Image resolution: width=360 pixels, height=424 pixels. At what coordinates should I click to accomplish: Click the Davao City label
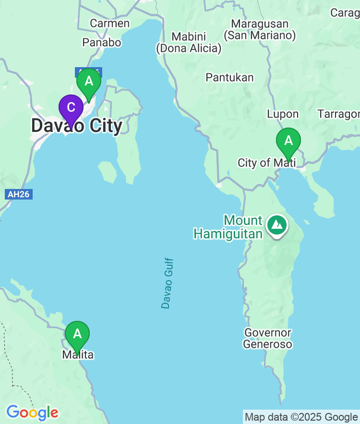click(77, 126)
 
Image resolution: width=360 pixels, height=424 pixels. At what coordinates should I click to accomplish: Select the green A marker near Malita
click(77, 333)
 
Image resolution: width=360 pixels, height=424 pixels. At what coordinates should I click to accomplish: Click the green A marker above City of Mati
click(288, 141)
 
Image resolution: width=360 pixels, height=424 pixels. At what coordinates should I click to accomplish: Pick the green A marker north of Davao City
click(89, 81)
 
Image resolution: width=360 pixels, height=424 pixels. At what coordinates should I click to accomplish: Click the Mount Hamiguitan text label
click(228, 227)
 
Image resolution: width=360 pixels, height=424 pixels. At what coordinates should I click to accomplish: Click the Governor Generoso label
click(267, 338)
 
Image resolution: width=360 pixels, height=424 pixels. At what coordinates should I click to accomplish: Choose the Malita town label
click(78, 355)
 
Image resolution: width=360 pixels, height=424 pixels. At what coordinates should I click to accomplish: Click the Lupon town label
click(283, 114)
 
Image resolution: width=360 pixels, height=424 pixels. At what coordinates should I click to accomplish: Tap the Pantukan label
click(229, 77)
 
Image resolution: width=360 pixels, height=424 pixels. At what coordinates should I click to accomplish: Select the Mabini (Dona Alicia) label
click(189, 43)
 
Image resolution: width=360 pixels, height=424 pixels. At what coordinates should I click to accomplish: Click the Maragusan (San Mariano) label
click(260, 29)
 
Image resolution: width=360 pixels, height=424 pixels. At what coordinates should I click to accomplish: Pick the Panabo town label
click(102, 42)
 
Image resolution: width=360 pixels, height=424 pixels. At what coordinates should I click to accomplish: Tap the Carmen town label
click(110, 23)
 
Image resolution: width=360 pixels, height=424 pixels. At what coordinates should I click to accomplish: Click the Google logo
click(32, 412)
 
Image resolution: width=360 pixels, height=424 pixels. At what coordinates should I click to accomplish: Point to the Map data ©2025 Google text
click(301, 417)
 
